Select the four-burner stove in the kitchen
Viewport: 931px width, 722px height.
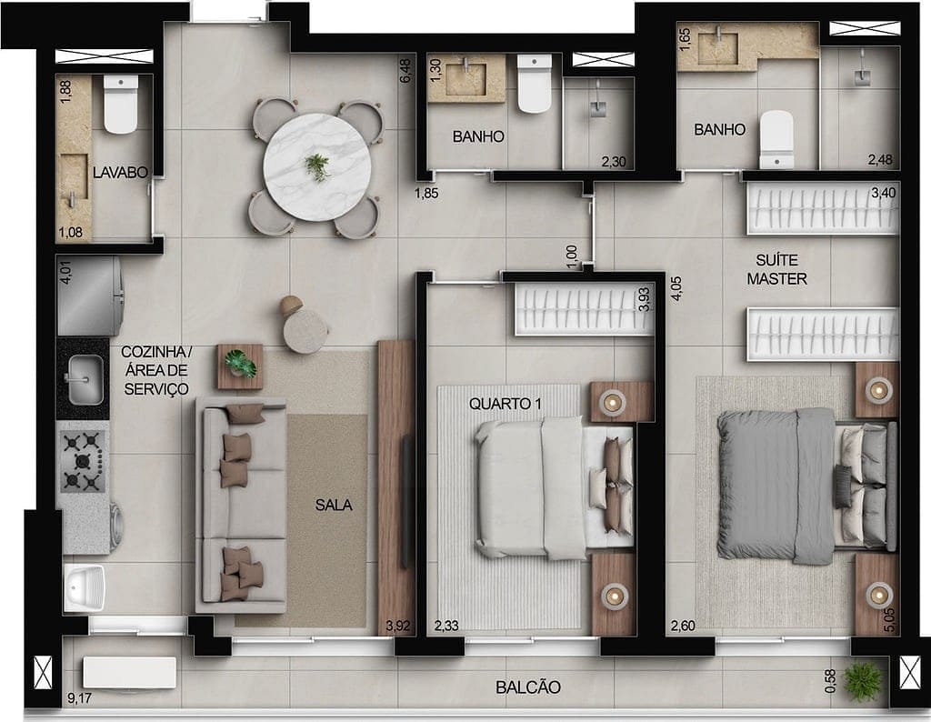click(82, 462)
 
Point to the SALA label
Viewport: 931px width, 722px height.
click(334, 506)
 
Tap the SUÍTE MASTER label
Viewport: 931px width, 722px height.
click(776, 270)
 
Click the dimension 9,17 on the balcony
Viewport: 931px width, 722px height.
click(79, 699)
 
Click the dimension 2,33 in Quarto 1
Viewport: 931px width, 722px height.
click(446, 626)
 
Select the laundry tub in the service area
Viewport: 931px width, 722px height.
click(85, 587)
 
